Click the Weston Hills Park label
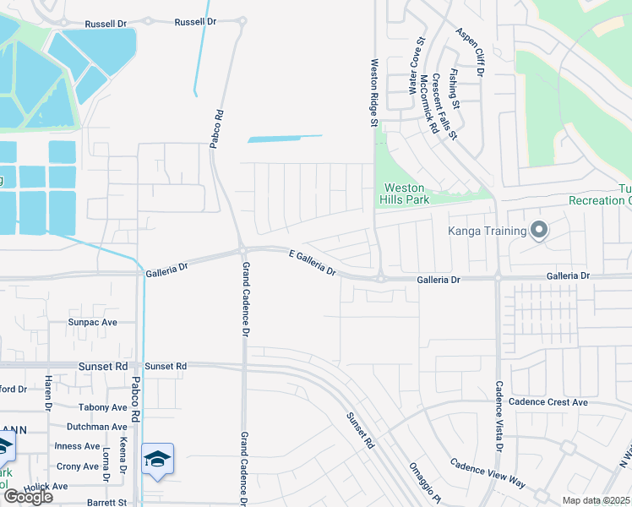tap(406, 194)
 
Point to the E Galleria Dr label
tap(313, 262)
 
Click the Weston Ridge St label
tap(373, 93)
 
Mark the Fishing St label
tap(455, 89)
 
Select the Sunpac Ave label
tap(92, 323)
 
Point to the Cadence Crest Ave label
tap(553, 402)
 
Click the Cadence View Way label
tap(488, 474)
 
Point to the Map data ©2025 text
tap(596, 500)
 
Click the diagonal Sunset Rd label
tap(358, 430)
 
